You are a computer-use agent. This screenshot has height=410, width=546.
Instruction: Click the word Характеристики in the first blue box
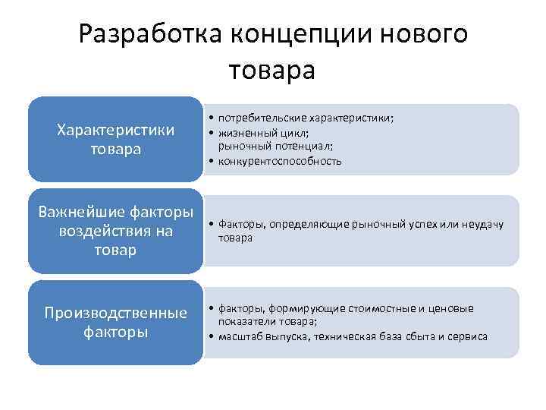click(116, 130)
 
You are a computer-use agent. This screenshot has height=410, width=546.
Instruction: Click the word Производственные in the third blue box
click(116, 314)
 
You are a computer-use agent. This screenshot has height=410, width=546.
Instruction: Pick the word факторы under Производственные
click(115, 332)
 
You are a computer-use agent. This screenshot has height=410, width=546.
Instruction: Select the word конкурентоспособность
click(280, 160)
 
